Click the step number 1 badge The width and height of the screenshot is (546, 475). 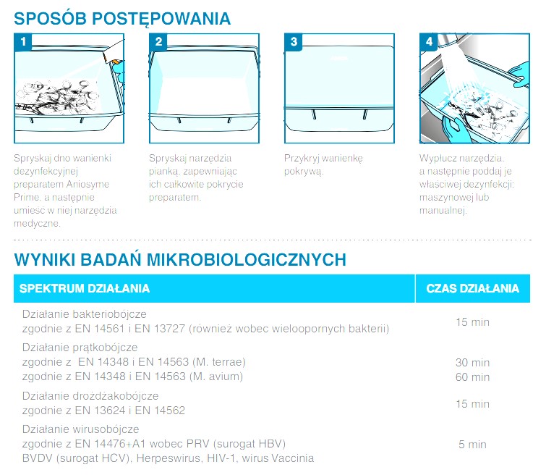[23, 42]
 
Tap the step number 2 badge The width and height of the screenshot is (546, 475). [158, 42]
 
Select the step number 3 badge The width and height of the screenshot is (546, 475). [294, 42]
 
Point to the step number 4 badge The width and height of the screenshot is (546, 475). [429, 42]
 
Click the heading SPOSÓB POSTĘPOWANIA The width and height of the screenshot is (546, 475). [122, 19]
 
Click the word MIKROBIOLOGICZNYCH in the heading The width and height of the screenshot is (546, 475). [246, 260]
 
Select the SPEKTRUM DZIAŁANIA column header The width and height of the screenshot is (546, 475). [85, 288]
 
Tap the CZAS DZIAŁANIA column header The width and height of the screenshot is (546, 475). [472, 288]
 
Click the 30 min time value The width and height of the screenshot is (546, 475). [472, 363]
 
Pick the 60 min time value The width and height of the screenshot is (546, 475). [472, 377]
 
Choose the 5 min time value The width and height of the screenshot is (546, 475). [472, 445]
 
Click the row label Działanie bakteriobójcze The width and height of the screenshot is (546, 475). [85, 314]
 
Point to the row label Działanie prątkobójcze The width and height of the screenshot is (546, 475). [80, 348]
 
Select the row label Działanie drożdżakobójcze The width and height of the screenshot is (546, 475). [90, 396]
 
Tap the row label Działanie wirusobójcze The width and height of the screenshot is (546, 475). [81, 429]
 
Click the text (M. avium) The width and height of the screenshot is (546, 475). [216, 377]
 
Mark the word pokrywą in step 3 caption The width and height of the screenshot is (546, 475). [304, 172]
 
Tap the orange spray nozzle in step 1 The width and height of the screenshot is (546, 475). [116, 63]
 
